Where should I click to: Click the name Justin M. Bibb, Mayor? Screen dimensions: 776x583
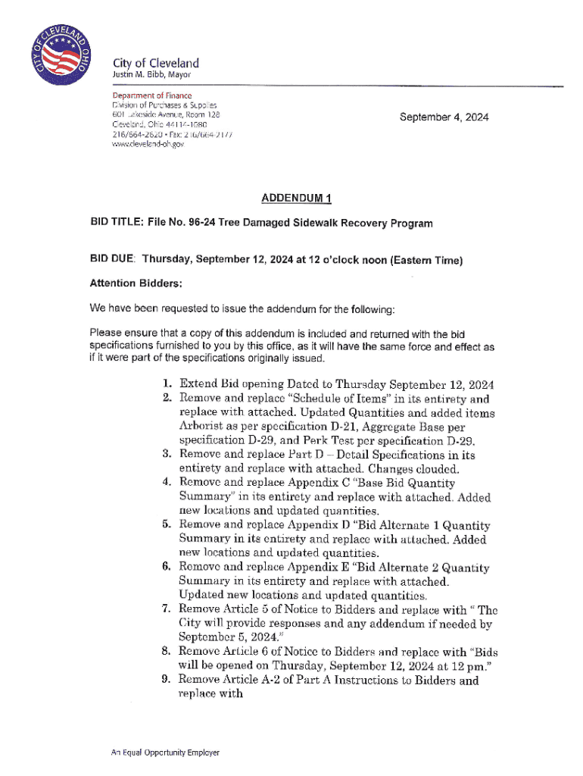point(151,75)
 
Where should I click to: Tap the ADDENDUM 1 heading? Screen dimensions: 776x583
point(296,199)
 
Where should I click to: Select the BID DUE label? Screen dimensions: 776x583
point(113,260)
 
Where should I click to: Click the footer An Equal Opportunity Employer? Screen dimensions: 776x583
point(165,753)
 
